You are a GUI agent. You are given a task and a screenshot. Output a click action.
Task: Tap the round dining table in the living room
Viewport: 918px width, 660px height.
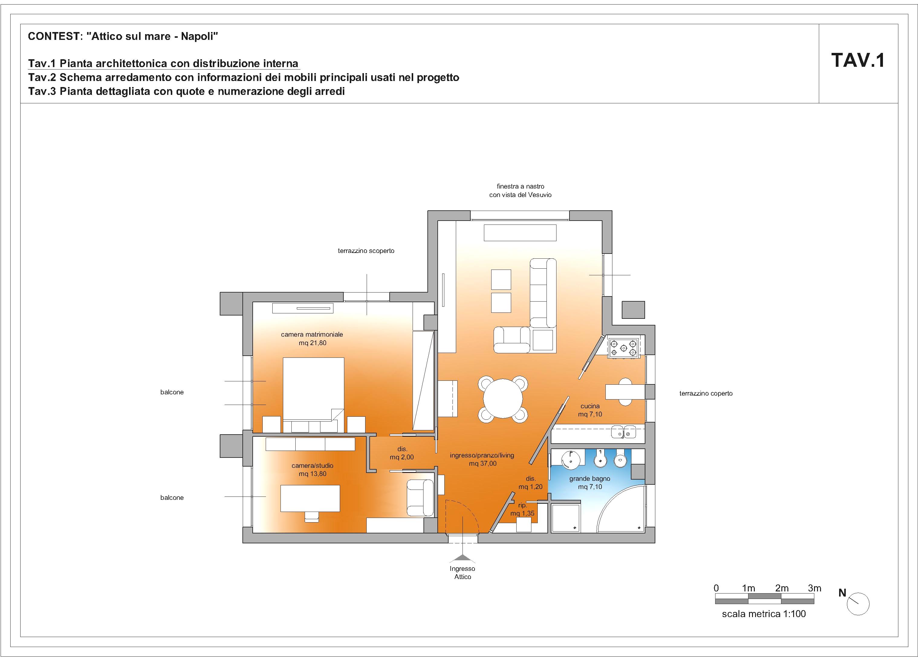[x=503, y=399]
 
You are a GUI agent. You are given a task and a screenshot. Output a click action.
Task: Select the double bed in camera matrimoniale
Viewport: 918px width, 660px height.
[x=313, y=395]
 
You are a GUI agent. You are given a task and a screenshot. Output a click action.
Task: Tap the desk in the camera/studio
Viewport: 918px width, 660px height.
[x=310, y=498]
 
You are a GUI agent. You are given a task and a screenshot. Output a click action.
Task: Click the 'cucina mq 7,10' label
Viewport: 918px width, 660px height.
[x=590, y=410]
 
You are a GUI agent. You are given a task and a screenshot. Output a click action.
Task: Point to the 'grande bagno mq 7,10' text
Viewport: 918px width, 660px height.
[x=590, y=483]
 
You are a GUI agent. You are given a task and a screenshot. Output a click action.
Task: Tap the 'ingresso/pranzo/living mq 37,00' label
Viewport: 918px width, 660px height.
[x=482, y=459]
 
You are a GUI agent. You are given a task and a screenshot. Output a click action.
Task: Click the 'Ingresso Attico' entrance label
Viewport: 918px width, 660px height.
[x=463, y=573]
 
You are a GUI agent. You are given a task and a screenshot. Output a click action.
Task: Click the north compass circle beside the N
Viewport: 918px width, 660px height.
[x=858, y=604]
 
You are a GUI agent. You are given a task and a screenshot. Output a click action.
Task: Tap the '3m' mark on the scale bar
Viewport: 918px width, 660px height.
[x=814, y=588]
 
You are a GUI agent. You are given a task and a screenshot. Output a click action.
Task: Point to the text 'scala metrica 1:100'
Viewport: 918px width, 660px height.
[x=764, y=614]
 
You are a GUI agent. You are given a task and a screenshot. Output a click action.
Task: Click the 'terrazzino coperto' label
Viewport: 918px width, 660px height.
[x=706, y=393]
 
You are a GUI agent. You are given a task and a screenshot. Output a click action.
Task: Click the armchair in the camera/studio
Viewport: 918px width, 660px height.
[x=420, y=497]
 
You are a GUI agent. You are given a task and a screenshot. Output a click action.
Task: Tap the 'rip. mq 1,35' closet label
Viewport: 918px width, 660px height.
[x=523, y=509]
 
